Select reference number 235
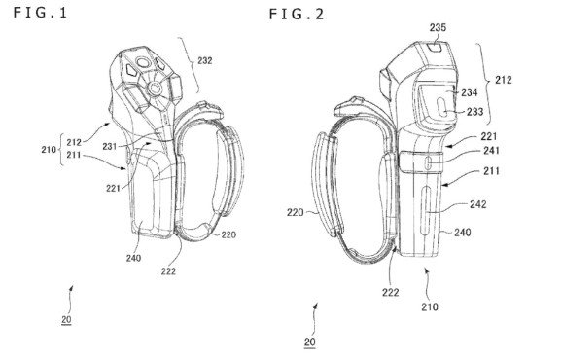click(439, 29)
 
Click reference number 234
click(468, 92)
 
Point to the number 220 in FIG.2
click(295, 207)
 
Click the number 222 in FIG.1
click(169, 271)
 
